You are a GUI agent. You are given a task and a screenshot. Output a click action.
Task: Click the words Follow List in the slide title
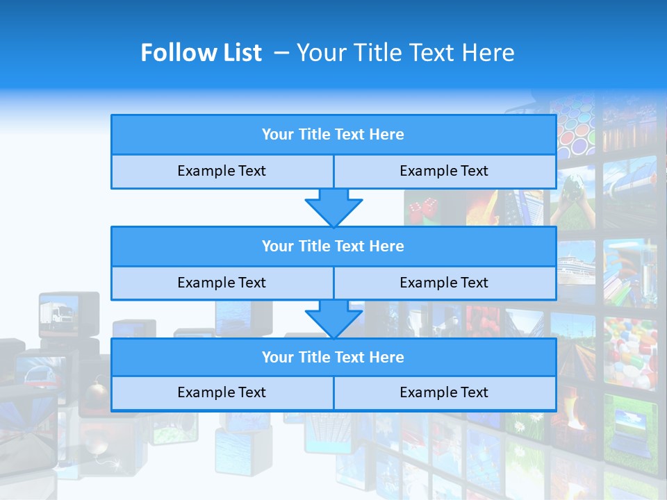coord(201,53)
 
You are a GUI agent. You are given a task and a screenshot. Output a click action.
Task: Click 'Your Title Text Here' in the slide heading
coord(405,53)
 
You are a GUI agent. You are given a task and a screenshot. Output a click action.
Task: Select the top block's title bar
coord(333,135)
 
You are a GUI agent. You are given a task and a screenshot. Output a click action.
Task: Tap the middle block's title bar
coord(333,246)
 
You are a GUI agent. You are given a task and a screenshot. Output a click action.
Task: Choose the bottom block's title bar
coord(333,357)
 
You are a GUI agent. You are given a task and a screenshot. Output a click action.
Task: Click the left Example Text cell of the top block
coord(222,171)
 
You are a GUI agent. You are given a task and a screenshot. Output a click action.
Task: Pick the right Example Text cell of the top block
coord(444,171)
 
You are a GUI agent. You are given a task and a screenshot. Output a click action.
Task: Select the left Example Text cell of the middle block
coord(222,283)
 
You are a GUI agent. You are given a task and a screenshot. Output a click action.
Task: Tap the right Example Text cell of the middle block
coord(444,283)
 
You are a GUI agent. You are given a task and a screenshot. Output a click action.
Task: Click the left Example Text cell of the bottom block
coord(222,392)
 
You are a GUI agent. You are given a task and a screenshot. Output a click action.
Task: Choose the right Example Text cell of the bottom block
coord(444,392)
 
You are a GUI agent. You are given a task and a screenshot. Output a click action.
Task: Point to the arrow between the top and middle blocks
coord(333,208)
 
